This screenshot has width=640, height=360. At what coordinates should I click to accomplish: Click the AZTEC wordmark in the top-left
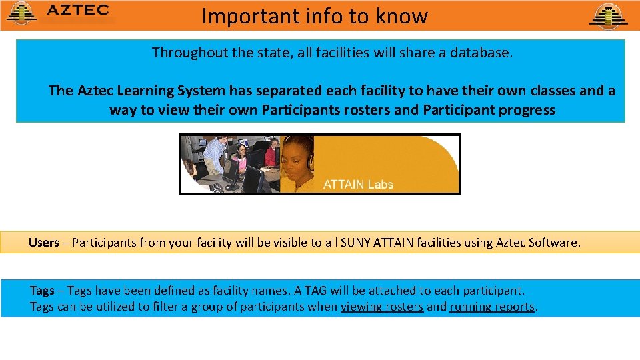pos(78,11)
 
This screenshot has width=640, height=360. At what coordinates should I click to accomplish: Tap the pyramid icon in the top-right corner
pos(608,15)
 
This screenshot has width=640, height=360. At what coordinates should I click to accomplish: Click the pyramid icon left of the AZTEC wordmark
pos(21,13)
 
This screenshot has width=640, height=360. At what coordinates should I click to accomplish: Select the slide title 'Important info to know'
pos(315,15)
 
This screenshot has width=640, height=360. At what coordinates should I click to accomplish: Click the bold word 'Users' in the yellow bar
pos(44,243)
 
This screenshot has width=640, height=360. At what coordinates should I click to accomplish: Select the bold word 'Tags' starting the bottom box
pos(42,291)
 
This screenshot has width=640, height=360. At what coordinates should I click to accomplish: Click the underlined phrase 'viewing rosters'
pos(382,307)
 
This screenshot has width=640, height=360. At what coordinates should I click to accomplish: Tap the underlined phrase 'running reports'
pos(492,307)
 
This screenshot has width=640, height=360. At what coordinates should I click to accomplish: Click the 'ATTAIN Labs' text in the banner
pos(358,184)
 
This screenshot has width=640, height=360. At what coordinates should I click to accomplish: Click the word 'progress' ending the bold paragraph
pos(527,110)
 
